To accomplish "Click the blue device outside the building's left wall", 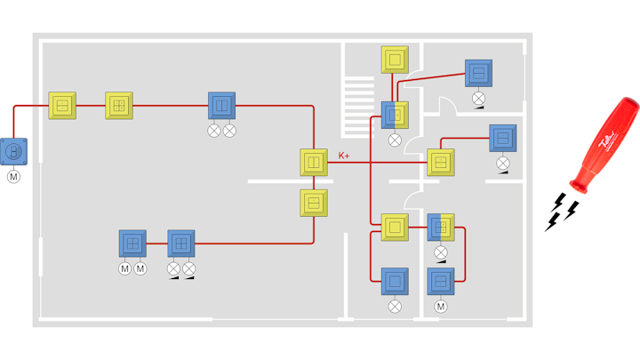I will (13, 151).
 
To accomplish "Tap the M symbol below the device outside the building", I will (13, 177).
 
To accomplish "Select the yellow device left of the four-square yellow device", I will (62, 105).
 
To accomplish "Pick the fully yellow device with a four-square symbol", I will (119, 105).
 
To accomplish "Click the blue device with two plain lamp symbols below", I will (221, 106).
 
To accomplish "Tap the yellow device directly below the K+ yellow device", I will (314, 203).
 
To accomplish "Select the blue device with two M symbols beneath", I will (132, 243).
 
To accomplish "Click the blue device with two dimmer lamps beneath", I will (181, 243).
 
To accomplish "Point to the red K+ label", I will (344, 156).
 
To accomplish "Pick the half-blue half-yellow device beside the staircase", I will (395, 114).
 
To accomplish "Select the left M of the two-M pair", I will (124, 268).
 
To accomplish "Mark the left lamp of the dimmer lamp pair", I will (173, 268).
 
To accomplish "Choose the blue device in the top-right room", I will (478, 73).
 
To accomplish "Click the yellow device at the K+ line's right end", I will (440, 162).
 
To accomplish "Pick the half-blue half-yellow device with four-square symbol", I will (441, 227).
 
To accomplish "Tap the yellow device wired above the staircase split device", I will (396, 60).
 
